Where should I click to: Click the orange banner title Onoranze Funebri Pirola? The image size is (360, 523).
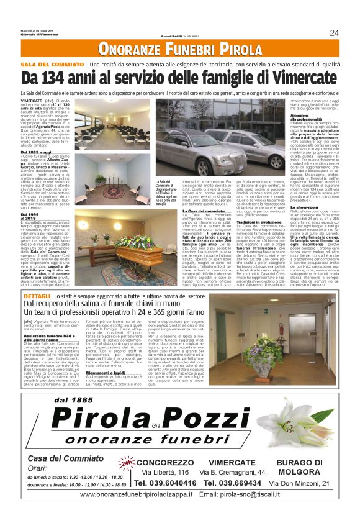coord(179,49)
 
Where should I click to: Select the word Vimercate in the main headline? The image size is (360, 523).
coord(302,78)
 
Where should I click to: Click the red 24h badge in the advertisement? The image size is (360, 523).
coord(127,463)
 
